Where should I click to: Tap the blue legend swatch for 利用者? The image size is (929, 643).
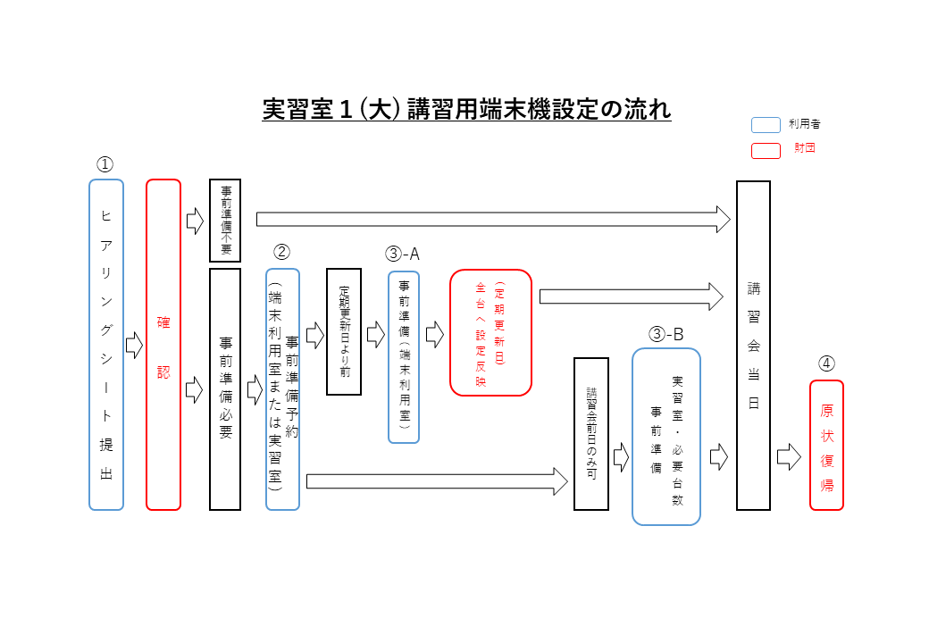[766, 125]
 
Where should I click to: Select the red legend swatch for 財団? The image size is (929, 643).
[766, 150]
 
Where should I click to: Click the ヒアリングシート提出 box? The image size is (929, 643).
[106, 345]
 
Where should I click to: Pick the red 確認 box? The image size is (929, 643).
[163, 345]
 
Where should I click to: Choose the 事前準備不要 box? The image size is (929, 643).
[225, 220]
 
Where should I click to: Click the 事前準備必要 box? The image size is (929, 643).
[225, 388]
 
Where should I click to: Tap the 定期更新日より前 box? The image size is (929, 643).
[344, 331]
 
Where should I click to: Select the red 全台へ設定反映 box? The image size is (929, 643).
[490, 332]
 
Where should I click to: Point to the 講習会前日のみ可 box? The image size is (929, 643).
[590, 433]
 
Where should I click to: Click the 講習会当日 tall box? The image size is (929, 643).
[753, 345]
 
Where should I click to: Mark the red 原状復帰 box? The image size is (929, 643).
[826, 445]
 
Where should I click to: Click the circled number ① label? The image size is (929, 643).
[105, 164]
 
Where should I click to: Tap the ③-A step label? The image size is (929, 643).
[402, 255]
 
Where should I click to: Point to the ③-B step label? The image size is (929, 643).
[666, 335]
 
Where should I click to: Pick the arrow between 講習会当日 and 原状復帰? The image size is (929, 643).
[789, 458]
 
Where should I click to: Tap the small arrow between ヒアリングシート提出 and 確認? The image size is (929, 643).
[134, 345]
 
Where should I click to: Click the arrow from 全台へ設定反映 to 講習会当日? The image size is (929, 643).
[631, 296]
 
